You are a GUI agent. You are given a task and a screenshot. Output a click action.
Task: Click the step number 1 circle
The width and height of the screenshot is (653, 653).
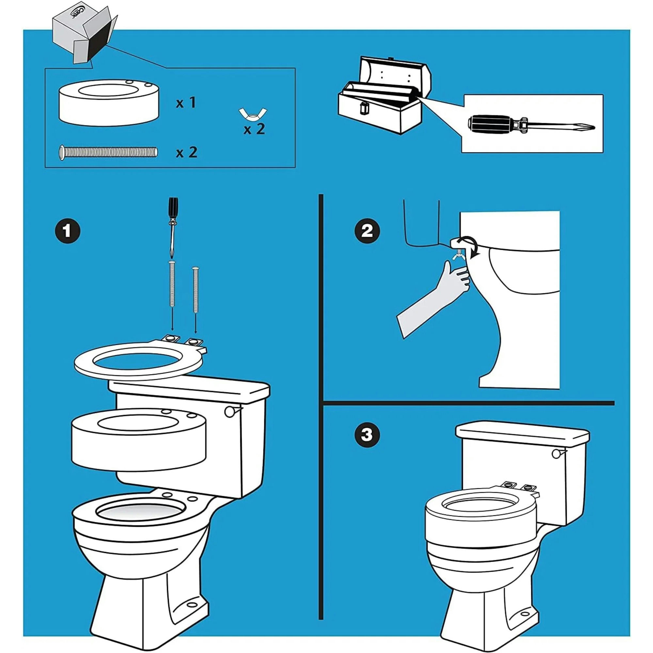point(67,231)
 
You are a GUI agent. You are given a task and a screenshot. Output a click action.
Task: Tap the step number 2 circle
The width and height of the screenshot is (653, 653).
point(367,231)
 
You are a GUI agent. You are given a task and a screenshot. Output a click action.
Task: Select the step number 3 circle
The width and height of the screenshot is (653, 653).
point(367,434)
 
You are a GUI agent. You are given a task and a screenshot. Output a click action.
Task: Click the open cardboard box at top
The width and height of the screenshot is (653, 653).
point(85,37)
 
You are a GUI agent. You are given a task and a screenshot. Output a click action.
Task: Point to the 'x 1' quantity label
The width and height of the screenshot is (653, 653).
point(186,102)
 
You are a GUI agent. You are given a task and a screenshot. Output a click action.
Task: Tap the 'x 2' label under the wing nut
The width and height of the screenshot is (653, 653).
point(254,129)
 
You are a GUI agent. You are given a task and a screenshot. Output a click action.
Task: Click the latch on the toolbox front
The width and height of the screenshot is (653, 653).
point(364,108)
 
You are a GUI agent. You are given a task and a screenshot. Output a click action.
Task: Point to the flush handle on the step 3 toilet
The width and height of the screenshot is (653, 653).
point(557,454)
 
